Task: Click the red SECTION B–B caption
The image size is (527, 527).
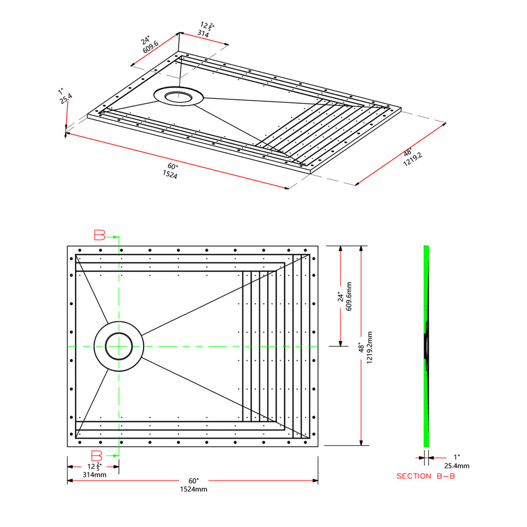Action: click(426, 476)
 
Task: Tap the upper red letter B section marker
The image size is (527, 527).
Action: click(99, 235)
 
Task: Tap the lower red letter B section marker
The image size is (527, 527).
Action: click(97, 456)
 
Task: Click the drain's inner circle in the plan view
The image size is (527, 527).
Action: click(119, 346)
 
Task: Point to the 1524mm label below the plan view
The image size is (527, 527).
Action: click(194, 489)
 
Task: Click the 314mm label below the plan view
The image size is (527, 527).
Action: click(95, 475)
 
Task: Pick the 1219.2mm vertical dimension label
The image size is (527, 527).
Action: click(370, 347)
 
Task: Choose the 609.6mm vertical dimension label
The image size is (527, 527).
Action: click(348, 296)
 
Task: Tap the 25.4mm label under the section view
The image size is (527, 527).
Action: click(457, 466)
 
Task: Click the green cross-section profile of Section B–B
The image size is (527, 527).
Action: click(426, 346)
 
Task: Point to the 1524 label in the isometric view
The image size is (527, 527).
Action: click(170, 174)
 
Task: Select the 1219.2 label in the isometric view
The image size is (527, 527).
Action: click(413, 160)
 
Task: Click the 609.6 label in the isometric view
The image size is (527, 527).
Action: click(150, 47)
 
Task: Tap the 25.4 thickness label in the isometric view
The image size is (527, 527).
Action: click(66, 98)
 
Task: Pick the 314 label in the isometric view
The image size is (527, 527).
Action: click(203, 33)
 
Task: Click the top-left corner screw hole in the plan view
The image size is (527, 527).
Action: click(80, 251)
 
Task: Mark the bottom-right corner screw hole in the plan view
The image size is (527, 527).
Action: click(305, 442)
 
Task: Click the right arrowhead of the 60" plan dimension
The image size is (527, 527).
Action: click(315, 481)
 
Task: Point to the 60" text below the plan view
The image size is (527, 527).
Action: click(194, 481)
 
